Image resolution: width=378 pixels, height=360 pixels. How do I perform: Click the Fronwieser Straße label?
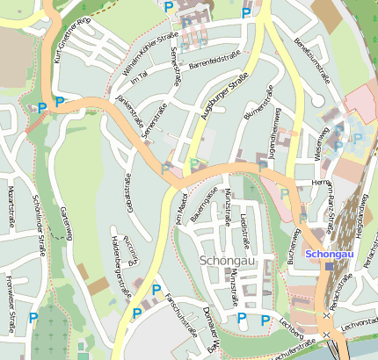10,290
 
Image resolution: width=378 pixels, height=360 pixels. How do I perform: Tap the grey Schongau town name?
228,261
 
